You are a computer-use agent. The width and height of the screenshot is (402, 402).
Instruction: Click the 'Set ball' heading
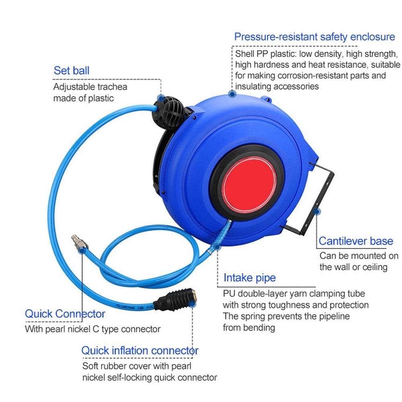click(72, 71)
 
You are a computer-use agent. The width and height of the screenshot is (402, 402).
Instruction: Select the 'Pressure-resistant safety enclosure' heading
click(314, 37)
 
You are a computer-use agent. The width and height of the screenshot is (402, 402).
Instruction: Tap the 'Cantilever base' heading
click(355, 241)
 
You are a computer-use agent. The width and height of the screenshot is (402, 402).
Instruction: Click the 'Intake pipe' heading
click(250, 277)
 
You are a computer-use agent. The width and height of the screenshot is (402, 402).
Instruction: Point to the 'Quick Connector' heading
click(65, 314)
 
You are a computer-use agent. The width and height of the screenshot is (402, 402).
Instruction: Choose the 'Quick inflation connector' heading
click(139, 350)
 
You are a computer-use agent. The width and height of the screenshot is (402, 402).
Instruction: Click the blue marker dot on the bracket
click(318, 211)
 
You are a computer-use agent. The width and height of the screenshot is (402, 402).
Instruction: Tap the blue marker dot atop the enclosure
click(232, 94)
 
